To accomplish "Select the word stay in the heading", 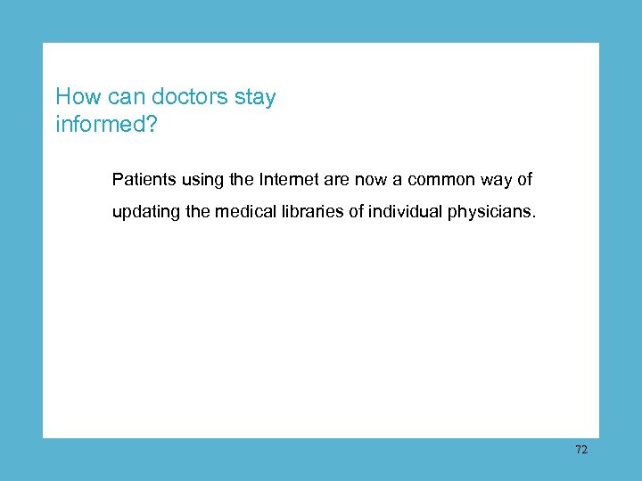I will (255, 97).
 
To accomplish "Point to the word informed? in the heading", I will (106, 124).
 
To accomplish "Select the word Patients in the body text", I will (141, 180).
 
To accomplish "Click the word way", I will (498, 180).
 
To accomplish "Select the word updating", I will (144, 214).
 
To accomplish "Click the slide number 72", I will (581, 450).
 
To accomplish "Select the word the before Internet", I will (241, 180).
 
